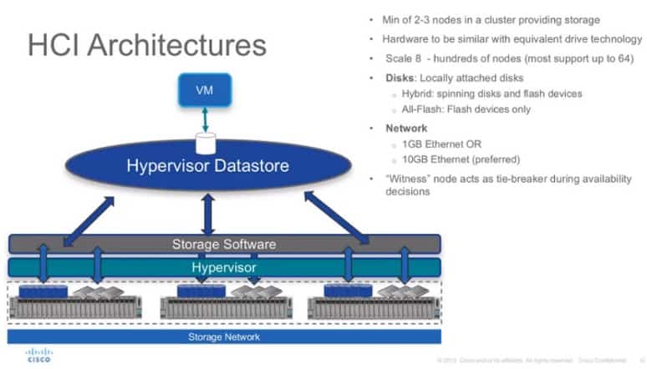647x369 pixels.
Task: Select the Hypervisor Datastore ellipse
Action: coord(208,165)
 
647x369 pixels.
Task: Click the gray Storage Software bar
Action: coord(224,245)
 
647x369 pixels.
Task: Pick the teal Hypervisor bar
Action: coord(224,267)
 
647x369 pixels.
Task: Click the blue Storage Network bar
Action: coord(224,336)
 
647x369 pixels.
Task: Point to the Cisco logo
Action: coord(38,354)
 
